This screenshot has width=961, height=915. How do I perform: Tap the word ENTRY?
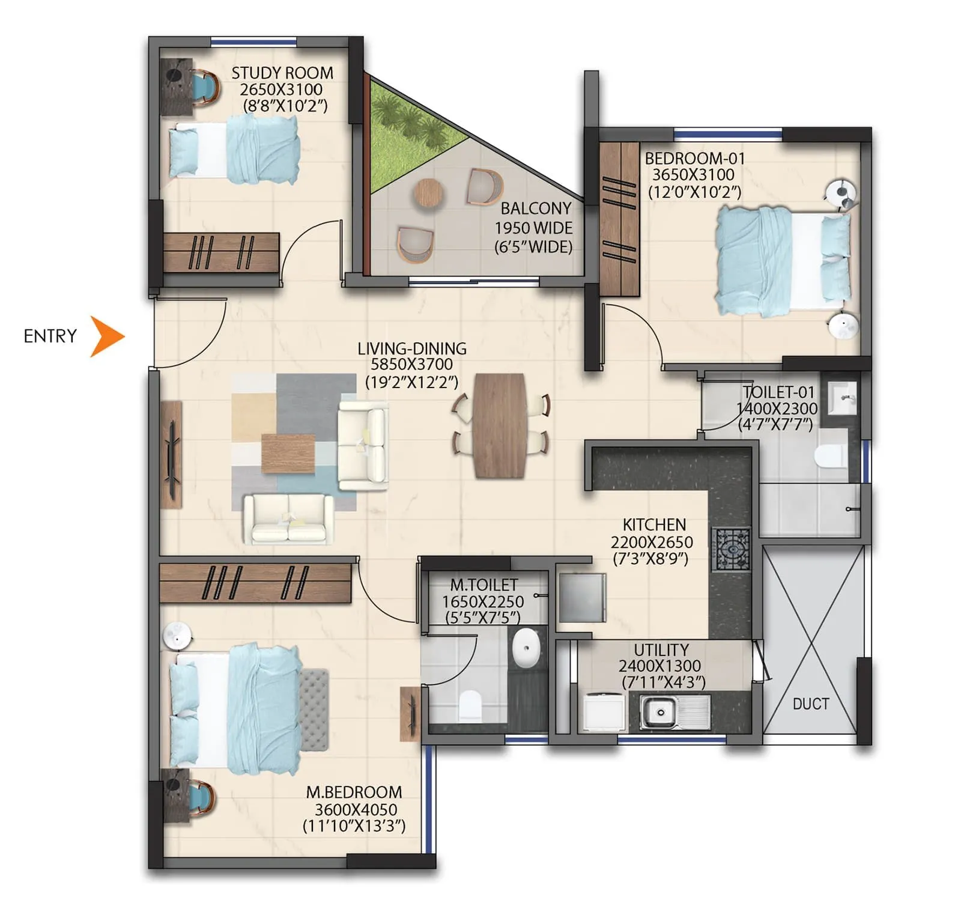pyautogui.click(x=50, y=336)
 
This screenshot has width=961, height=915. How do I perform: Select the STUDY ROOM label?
pyautogui.click(x=282, y=73)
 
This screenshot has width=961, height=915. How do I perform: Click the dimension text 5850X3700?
pyautogui.click(x=411, y=365)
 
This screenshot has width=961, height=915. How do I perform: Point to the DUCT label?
pyautogui.click(x=810, y=704)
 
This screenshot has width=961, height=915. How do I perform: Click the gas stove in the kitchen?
pyautogui.click(x=731, y=549)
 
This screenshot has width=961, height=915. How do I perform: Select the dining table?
pyautogui.click(x=499, y=425)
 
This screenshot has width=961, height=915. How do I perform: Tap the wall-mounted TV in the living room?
pyautogui.click(x=172, y=455)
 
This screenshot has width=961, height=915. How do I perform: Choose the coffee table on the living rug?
pyautogui.click(x=288, y=454)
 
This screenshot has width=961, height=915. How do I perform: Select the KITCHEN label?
pyautogui.click(x=654, y=524)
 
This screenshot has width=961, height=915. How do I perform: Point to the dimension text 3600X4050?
pyautogui.click(x=356, y=809)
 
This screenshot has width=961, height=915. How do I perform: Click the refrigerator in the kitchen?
pyautogui.click(x=582, y=598)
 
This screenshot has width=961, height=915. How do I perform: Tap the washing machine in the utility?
pyautogui.click(x=604, y=712)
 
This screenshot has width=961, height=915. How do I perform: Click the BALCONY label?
pyautogui.click(x=536, y=208)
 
